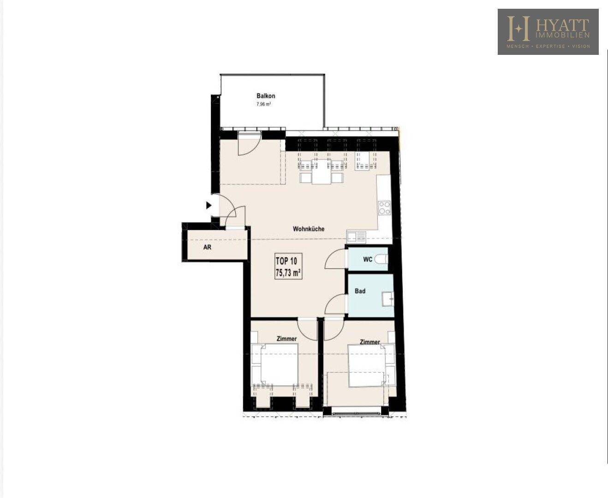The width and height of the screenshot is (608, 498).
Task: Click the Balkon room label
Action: click(x=266, y=96)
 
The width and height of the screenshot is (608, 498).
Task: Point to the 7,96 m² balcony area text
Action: click(x=263, y=104)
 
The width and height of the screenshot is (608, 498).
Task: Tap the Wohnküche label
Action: click(x=309, y=229)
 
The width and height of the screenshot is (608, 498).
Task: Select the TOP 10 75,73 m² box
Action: click(x=289, y=267)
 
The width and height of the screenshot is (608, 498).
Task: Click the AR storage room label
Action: click(x=207, y=247)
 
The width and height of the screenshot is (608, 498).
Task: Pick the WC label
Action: click(x=368, y=259)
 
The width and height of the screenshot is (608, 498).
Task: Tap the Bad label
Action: click(x=360, y=291)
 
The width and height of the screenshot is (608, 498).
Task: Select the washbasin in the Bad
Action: click(x=388, y=299)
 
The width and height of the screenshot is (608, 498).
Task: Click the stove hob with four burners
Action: click(x=385, y=208)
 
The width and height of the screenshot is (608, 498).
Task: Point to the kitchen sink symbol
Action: click(x=356, y=237)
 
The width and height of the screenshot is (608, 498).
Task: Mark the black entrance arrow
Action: click(x=209, y=206)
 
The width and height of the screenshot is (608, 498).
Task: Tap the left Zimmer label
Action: click(x=286, y=339)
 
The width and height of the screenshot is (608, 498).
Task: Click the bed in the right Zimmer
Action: click(x=367, y=366)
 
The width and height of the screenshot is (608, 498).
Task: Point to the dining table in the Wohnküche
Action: click(x=321, y=172)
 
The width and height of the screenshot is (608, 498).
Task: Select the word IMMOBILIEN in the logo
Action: click(x=562, y=35)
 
